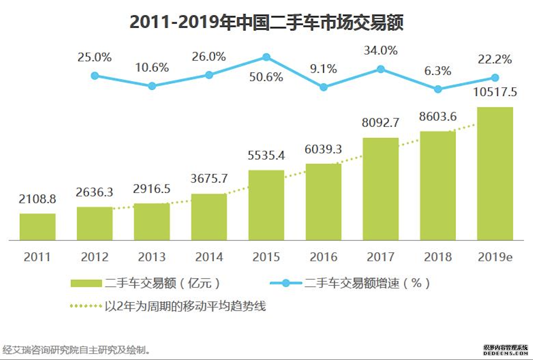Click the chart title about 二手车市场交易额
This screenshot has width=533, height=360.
click(266, 22)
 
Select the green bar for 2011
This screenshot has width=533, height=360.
click(37, 226)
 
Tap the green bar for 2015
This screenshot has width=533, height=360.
click(266, 205)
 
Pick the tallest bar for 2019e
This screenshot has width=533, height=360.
click(495, 173)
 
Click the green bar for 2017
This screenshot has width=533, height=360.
click(380, 189)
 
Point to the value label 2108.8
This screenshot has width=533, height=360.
click(37, 200)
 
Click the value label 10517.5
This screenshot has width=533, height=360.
click(495, 93)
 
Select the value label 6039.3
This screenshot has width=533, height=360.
click(323, 149)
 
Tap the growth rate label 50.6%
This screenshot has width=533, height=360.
click(266, 77)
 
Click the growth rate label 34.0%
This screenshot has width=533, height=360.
click(380, 51)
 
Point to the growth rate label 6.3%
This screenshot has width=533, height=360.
click(438, 71)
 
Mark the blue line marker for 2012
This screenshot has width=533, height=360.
click(95, 76)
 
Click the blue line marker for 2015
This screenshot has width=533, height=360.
click(266, 57)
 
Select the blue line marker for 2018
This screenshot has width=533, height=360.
click(438, 89)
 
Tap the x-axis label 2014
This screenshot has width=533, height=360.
click(209, 257)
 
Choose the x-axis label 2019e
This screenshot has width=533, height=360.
click(495, 257)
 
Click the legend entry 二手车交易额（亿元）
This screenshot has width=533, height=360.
click(146, 283)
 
